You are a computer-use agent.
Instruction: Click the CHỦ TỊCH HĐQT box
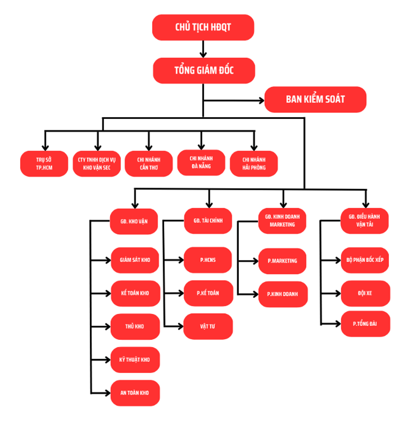point(203,27)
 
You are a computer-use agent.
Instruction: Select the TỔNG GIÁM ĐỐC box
point(204,70)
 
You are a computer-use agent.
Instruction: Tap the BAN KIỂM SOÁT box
point(315,99)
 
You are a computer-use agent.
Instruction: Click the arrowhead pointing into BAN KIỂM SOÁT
point(261,100)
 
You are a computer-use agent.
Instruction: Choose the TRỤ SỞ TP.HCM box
point(44,164)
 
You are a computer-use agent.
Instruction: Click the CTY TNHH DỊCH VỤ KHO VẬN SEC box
point(96,164)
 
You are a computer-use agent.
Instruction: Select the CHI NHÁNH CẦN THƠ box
point(149,164)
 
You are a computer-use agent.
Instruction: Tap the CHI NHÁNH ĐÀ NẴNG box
point(201,162)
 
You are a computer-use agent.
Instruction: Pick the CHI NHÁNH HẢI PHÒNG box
point(254,164)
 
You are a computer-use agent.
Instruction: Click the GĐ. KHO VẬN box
point(134,221)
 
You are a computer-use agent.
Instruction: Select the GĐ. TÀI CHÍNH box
point(208,221)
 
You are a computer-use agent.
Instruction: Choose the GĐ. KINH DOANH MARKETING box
point(282,221)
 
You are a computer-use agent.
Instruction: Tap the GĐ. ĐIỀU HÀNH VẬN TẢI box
point(365,221)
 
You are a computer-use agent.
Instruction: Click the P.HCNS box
point(208,260)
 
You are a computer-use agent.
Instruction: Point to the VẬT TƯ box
point(208,326)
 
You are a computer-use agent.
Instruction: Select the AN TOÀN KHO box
point(135,393)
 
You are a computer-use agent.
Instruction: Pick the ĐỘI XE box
point(365,293)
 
